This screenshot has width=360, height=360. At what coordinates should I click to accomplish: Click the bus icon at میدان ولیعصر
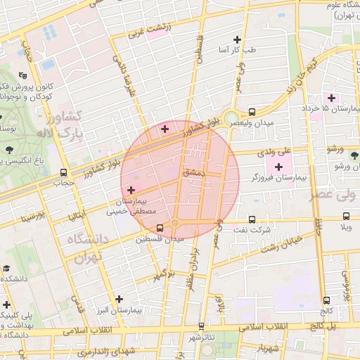point(252,112)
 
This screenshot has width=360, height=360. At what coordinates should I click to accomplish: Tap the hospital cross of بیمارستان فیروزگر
point(279,167)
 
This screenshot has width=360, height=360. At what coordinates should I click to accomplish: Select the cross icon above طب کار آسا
point(237,39)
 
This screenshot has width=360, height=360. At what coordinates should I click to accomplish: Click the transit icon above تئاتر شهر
point(202,326)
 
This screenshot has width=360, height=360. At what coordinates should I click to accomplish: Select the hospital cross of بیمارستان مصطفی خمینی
point(130,190)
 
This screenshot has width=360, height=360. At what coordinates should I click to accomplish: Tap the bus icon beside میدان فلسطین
point(160,228)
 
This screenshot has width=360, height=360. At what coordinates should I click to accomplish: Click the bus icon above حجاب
point(64,172)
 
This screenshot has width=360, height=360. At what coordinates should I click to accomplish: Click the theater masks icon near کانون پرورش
point(23,75)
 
